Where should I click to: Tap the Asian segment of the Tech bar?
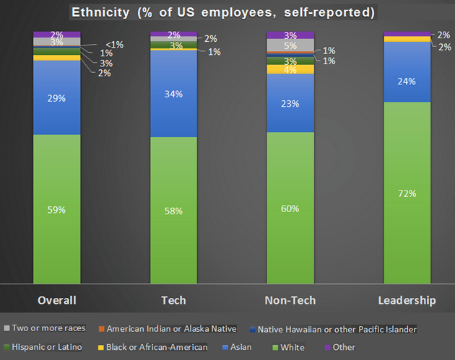(173, 93)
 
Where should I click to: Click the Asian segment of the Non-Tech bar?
(290, 103)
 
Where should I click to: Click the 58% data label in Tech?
(173, 211)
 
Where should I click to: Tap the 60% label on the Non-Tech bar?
(290, 208)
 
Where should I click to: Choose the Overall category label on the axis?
(57, 300)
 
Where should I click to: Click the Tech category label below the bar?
(173, 300)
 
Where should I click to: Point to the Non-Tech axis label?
(290, 300)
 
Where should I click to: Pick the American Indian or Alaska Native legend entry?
(170, 329)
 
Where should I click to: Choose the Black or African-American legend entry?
(156, 347)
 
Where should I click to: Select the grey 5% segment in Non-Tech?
(290, 45)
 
